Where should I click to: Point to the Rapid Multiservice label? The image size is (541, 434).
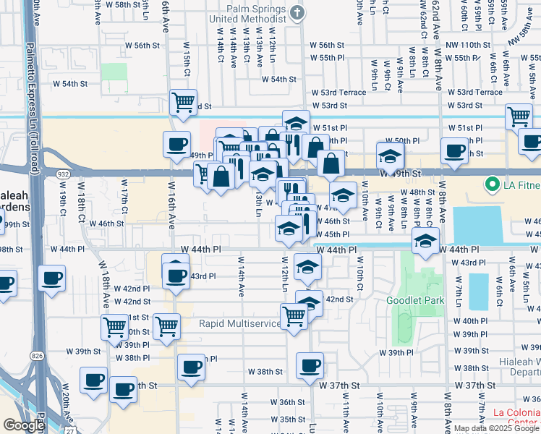(239, 323)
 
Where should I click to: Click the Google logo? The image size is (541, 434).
(23, 425)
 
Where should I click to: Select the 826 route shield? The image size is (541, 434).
(35, 356)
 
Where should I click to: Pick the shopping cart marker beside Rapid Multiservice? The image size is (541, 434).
(294, 315)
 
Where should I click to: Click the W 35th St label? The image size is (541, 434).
(292, 420)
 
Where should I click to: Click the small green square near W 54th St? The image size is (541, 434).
(113, 71)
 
